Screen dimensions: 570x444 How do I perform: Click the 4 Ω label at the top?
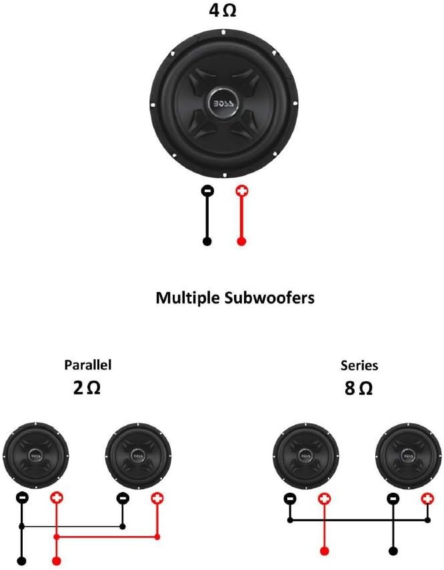pyautogui.click(x=221, y=11)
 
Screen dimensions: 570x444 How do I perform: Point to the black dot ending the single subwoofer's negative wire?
pyautogui.click(x=207, y=241)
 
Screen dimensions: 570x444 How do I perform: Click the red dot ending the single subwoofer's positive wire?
pyautogui.click(x=241, y=241)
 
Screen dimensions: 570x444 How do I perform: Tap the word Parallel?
pyautogui.click(x=87, y=365)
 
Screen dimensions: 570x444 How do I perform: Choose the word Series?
pyautogui.click(x=359, y=365)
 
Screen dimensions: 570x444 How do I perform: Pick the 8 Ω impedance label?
pyautogui.click(x=359, y=388)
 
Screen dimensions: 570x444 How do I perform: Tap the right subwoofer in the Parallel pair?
pyautogui.click(x=139, y=456)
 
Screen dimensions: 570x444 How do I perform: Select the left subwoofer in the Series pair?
pyautogui.click(x=306, y=457)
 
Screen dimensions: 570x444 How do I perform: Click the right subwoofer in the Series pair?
pyautogui.click(x=408, y=457)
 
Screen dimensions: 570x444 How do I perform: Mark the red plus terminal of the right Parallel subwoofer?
pyautogui.click(x=157, y=497)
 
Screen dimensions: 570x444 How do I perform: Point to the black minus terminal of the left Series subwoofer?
pyautogui.click(x=289, y=498)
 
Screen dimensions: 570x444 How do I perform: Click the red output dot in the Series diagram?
pyautogui.click(x=324, y=551)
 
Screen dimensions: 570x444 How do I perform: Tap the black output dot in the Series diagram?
pyautogui.click(x=393, y=551)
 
